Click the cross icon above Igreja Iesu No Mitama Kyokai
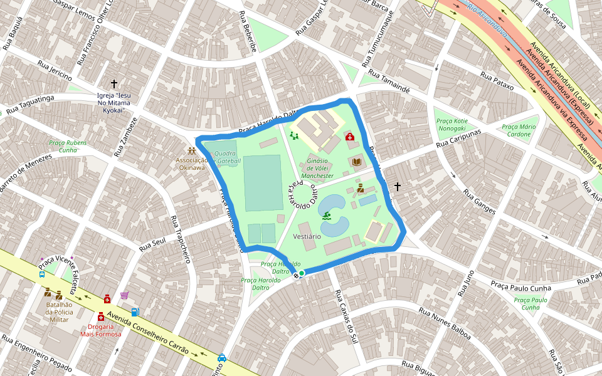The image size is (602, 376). pyautogui.click(x=114, y=83)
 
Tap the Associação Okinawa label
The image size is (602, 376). pyautogui.click(x=191, y=164)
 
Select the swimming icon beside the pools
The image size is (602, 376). pyautogui.click(x=327, y=217)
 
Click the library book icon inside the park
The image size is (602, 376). pyautogui.click(x=356, y=162)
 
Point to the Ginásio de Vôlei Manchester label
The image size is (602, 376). pyautogui.click(x=317, y=168)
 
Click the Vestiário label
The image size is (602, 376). pyautogui.click(x=307, y=236)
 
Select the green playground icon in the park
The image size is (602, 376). pyautogui.click(x=293, y=135)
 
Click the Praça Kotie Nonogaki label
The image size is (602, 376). pyautogui.click(x=451, y=124)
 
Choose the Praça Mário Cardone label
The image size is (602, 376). pyautogui.click(x=519, y=130)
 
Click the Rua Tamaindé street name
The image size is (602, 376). pyautogui.click(x=389, y=83)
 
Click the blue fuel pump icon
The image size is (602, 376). pyautogui.click(x=135, y=311)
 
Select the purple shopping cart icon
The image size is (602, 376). pyautogui.click(x=124, y=296)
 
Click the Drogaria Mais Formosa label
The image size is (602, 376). pyautogui.click(x=100, y=330)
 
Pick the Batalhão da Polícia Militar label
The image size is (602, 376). pyautogui.click(x=59, y=311)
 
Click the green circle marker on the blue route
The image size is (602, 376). pyautogui.click(x=302, y=273)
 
